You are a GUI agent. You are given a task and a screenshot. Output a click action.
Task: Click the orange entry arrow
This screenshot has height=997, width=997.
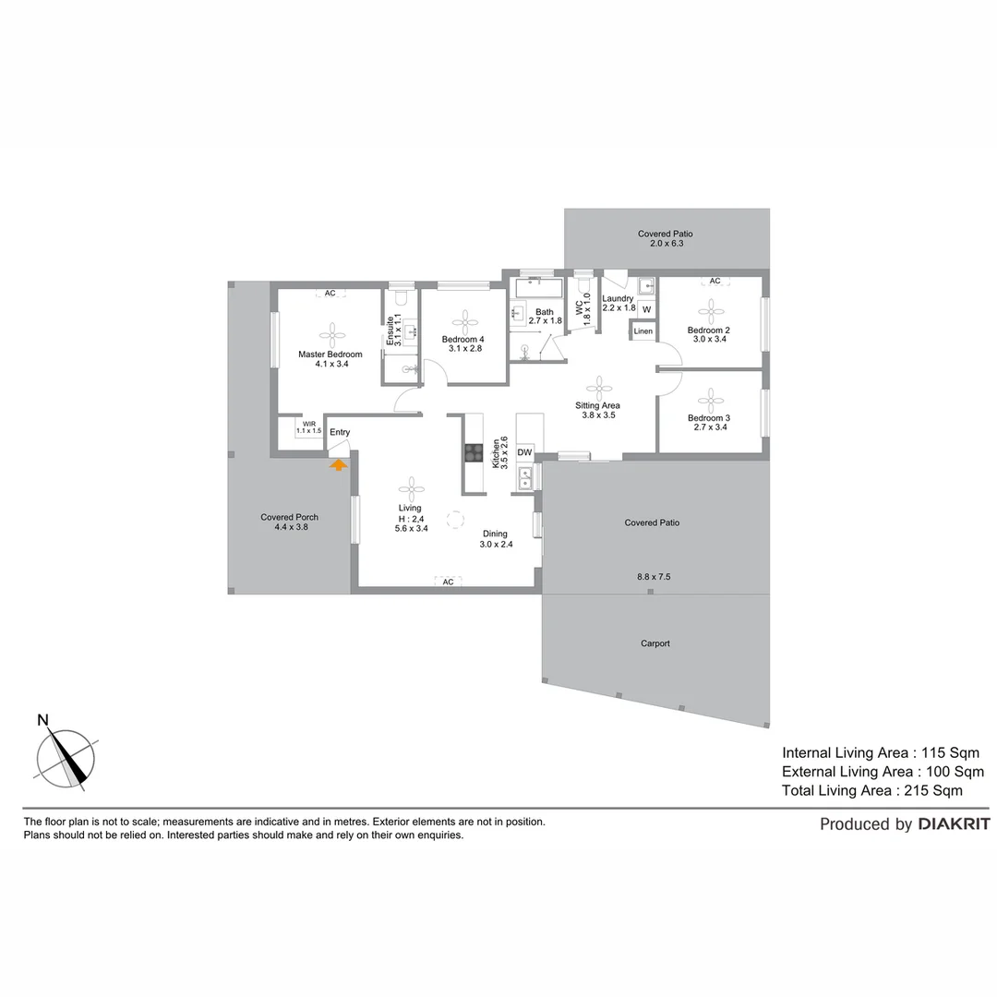click(x=339, y=465)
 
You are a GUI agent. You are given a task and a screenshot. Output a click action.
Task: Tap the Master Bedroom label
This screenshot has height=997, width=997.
click(x=330, y=354)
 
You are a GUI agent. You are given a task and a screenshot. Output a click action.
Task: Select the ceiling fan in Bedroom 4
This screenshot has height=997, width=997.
click(x=464, y=319)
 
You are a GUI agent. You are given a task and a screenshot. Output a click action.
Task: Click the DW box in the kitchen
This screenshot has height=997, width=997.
click(x=524, y=452)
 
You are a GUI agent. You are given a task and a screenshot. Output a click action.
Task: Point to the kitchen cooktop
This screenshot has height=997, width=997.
click(x=474, y=452)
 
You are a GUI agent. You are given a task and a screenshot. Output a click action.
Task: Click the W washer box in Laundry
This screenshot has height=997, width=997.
click(x=646, y=309)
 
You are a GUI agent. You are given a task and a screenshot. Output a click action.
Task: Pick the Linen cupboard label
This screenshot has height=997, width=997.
click(x=643, y=331)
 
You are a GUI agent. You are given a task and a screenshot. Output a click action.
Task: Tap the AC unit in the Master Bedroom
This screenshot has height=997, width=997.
click(x=330, y=294)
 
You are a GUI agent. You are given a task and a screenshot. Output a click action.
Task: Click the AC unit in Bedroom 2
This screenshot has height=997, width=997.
click(x=714, y=281)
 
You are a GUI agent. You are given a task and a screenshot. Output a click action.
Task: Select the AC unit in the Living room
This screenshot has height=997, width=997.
click(x=448, y=582)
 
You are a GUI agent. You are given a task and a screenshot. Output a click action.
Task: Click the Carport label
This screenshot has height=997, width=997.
click(x=655, y=643)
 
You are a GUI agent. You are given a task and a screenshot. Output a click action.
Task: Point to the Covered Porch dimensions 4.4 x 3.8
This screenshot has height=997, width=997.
click(x=289, y=527)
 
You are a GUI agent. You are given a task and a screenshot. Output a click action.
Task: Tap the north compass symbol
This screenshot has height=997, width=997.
click(x=66, y=757)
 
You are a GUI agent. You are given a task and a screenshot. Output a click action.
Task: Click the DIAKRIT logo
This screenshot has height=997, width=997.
click(x=954, y=824)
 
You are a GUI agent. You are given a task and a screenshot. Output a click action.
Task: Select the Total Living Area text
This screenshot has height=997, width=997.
click(x=871, y=790)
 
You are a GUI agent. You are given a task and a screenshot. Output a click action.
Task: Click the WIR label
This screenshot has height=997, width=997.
click(x=308, y=425)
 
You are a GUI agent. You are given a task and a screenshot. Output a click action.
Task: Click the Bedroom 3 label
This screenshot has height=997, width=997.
click(x=708, y=418)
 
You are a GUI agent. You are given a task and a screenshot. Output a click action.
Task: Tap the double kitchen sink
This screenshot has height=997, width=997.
click(x=525, y=477)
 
